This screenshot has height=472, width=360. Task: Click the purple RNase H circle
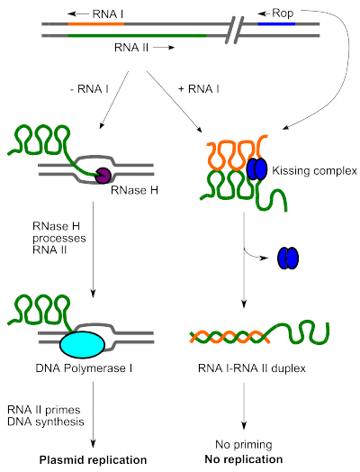pos(103,176)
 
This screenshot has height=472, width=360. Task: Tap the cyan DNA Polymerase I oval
pos(83,344)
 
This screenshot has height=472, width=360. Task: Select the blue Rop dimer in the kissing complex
pos(256,168)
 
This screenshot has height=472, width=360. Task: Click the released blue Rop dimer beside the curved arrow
pos(288,258)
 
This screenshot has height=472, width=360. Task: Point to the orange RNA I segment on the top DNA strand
pos(96,23)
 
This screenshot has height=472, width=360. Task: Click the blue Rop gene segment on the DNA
pos(276,23)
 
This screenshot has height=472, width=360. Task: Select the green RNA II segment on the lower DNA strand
pos(138,35)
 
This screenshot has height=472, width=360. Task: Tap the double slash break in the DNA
pos(234,30)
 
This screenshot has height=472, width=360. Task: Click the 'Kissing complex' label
pos(315,170)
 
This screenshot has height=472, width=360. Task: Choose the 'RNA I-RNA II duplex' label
pos(252,368)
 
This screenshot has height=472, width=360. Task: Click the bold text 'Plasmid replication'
pos(94,460)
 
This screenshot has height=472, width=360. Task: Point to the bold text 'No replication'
pos(244,459)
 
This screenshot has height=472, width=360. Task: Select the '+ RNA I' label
pos(199,89)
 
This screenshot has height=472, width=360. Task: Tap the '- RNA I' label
pos(89,89)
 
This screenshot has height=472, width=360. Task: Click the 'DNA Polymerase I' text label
pos(84,368)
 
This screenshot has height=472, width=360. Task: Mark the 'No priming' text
pos(244,444)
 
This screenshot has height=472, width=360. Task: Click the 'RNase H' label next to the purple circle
pos(134,190)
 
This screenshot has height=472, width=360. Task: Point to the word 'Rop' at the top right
pos(283,14)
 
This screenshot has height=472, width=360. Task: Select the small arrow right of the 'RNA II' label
pos(164,48)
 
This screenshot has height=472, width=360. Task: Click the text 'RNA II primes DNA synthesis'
pos(46,416)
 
